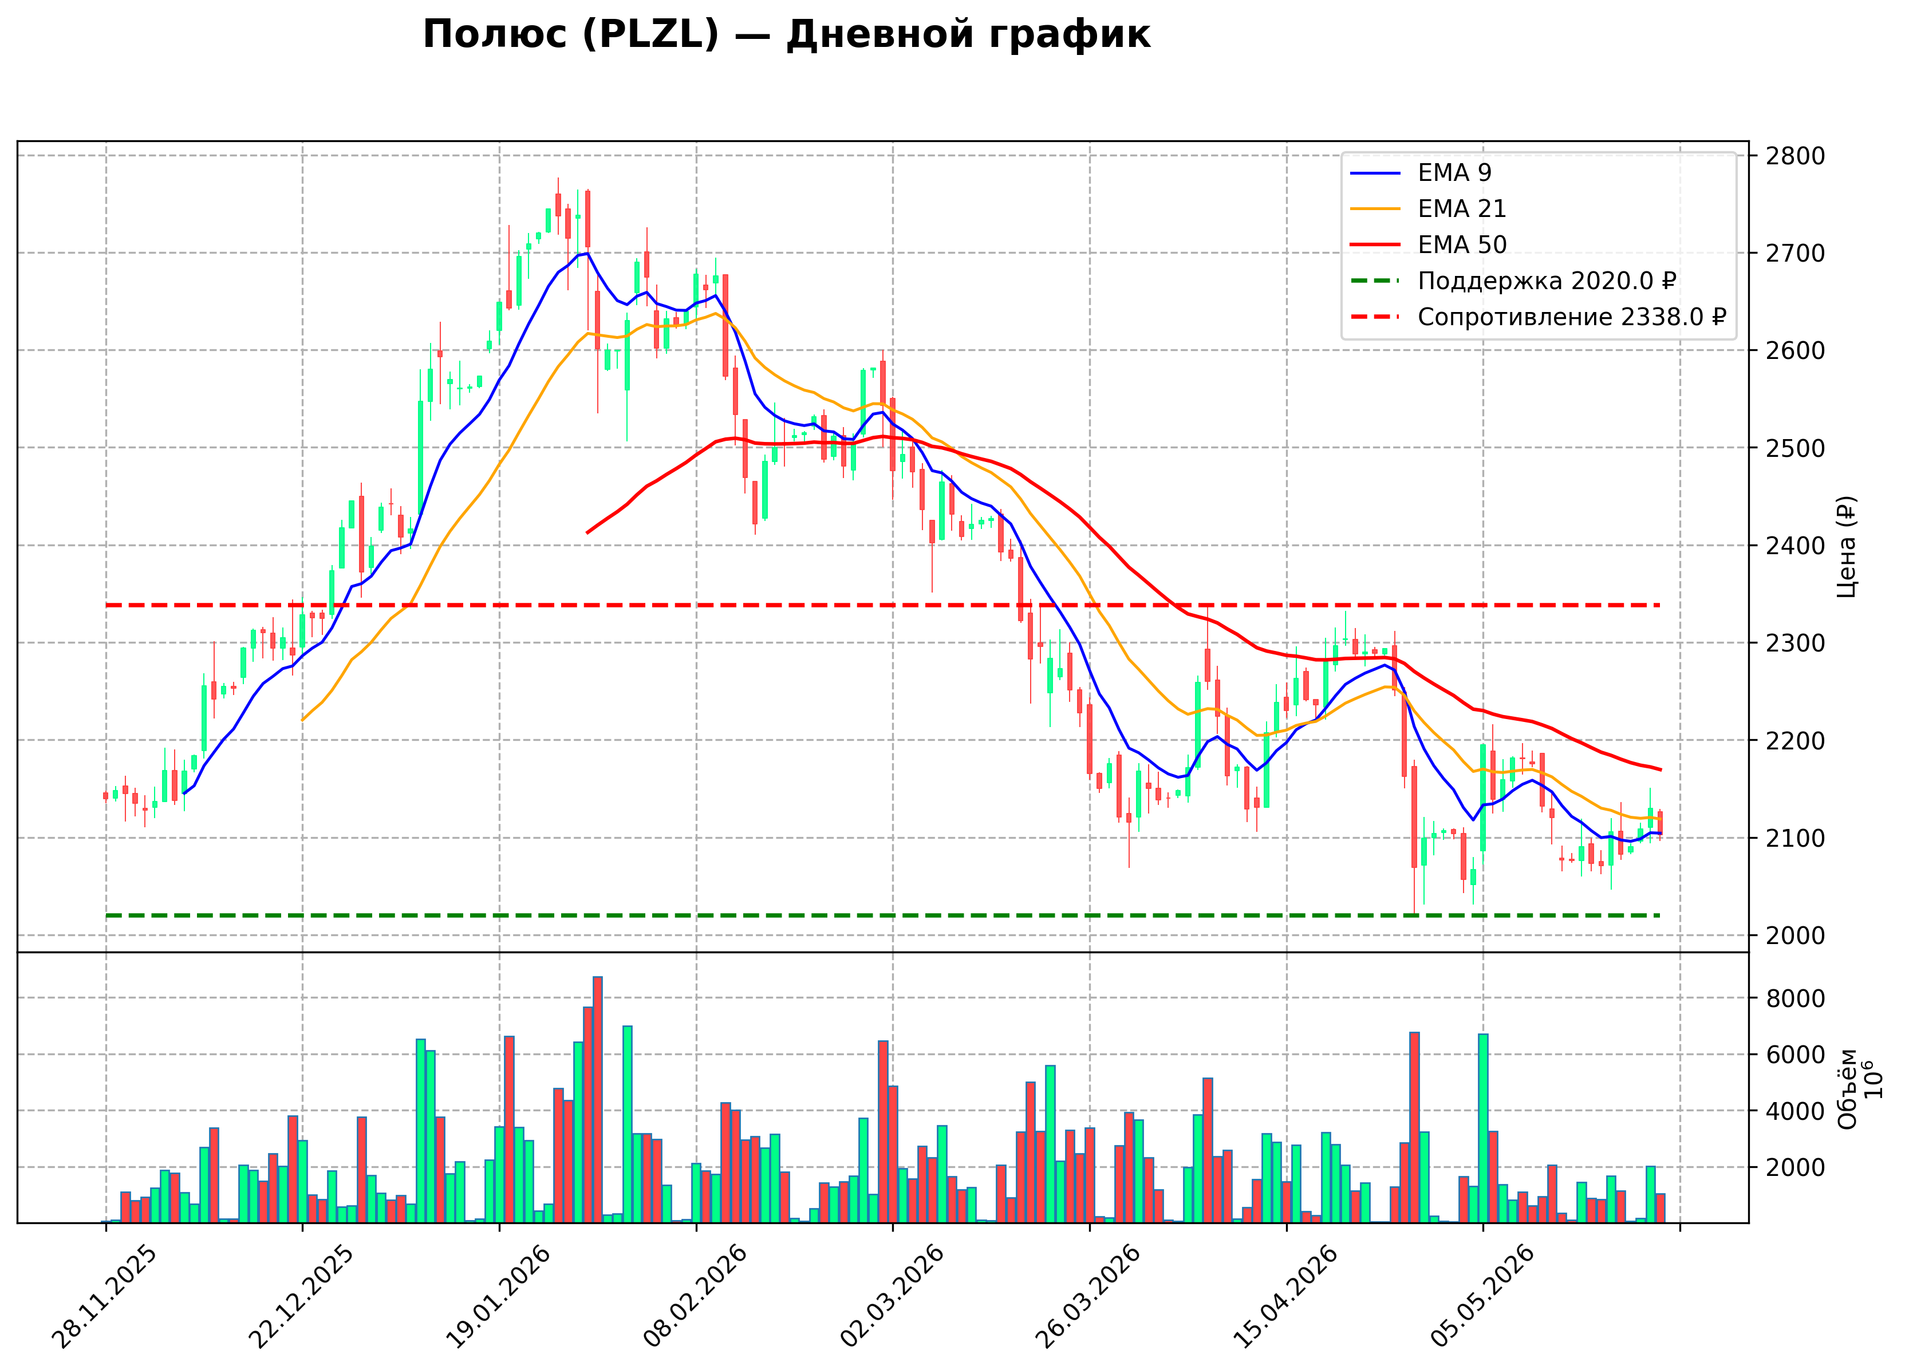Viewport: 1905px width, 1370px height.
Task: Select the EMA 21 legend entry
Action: point(1428,208)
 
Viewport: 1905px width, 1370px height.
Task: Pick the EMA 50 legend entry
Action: point(1428,244)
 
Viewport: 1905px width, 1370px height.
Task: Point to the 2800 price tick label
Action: point(1795,156)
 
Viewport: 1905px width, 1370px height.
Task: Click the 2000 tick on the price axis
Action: point(1795,935)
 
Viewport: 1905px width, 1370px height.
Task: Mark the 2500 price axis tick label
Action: point(1795,448)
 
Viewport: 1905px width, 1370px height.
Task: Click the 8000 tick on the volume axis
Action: point(1795,998)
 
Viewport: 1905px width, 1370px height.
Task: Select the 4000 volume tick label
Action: point(1795,1111)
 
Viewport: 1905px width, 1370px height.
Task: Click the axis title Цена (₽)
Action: point(1846,547)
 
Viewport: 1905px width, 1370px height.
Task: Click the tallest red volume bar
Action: point(597,1100)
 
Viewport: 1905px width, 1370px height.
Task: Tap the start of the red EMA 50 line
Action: point(587,532)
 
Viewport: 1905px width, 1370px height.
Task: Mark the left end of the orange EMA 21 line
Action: point(302,720)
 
